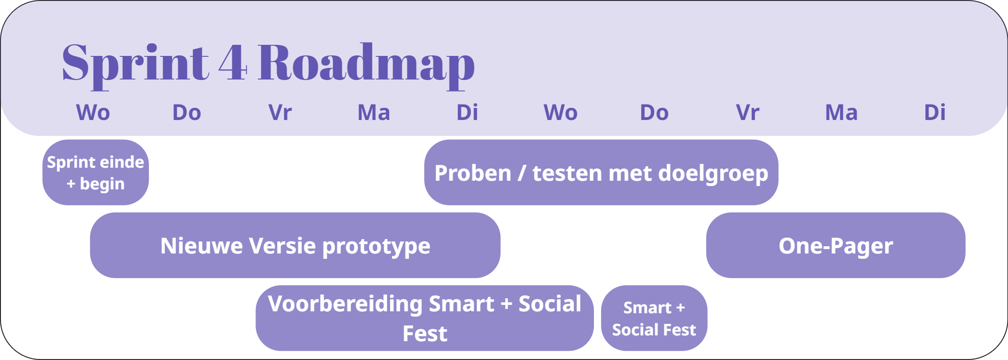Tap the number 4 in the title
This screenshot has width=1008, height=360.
(x=233, y=63)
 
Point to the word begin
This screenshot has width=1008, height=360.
(x=102, y=184)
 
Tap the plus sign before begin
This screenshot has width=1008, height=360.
(x=71, y=184)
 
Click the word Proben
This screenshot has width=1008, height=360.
(x=473, y=173)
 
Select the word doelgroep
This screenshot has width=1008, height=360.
(x=713, y=173)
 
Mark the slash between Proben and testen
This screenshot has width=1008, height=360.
(x=522, y=173)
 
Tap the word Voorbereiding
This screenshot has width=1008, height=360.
(x=345, y=304)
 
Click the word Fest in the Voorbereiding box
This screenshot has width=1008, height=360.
(x=425, y=333)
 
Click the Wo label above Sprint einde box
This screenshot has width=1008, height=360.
(x=93, y=113)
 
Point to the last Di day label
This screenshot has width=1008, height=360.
(x=935, y=113)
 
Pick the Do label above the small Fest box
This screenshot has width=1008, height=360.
(x=654, y=113)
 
